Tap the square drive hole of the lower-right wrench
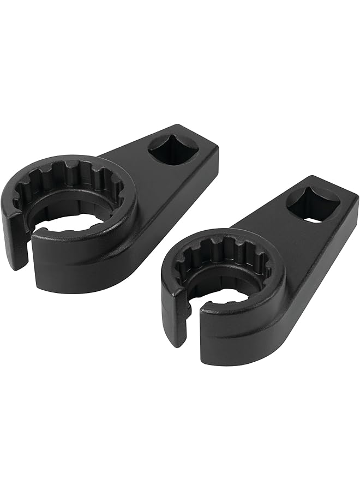pyautogui.click(x=313, y=205)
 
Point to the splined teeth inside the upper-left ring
pyautogui.click(x=76, y=177)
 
